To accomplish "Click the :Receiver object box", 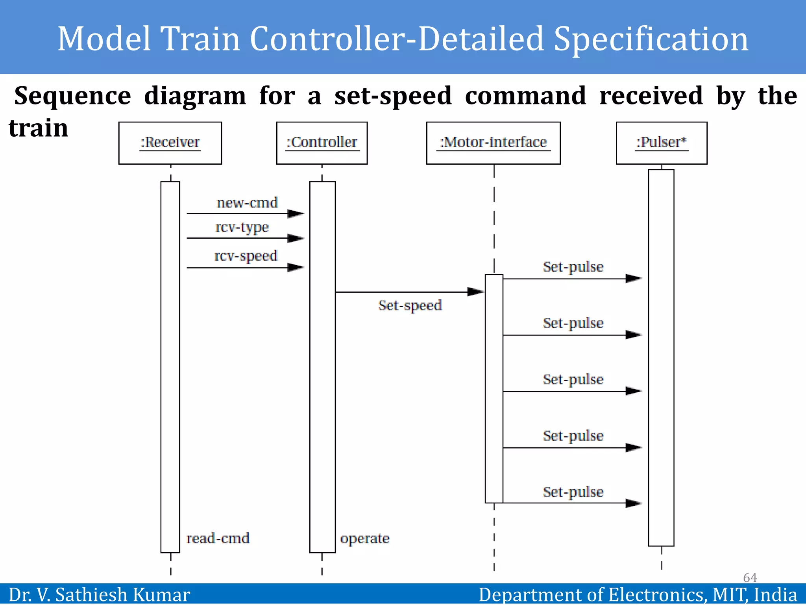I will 170,143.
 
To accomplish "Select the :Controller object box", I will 322,143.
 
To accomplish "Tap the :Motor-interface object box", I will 493,143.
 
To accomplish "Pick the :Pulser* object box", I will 661,143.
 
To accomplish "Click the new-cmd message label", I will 247,202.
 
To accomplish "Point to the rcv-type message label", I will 242,227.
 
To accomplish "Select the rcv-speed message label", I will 246,256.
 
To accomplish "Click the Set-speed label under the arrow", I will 410,305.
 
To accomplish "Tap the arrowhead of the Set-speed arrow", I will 475,292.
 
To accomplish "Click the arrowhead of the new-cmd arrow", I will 296,213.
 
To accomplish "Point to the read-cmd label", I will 218,538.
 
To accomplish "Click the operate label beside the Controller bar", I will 365,538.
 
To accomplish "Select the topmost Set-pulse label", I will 573,267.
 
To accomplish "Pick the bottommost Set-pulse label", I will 573,492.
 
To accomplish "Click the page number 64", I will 750,577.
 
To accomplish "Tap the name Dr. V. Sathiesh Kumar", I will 99,595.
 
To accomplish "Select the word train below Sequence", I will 39,128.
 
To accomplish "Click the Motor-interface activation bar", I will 494,388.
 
